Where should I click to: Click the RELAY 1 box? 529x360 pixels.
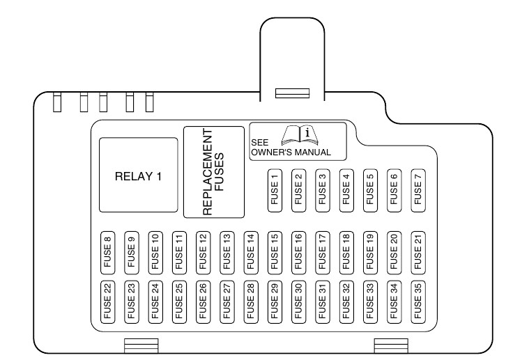138,175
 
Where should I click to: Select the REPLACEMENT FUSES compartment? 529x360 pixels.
214,172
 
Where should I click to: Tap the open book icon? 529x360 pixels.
299,133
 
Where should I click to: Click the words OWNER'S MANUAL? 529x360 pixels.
291,152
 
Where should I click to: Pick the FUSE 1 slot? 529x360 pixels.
274,188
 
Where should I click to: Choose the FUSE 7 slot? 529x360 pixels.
417,188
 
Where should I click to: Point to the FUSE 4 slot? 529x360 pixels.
346,188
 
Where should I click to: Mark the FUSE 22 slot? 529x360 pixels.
107,301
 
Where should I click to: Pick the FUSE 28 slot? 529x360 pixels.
250,301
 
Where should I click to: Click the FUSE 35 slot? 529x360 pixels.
417,301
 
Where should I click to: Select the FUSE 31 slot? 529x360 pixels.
322,301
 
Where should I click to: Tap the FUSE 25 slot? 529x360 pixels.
179,301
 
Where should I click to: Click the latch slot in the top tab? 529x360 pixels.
292,93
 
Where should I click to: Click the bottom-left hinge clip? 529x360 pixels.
141,344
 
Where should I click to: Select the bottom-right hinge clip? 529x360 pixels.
390,344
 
